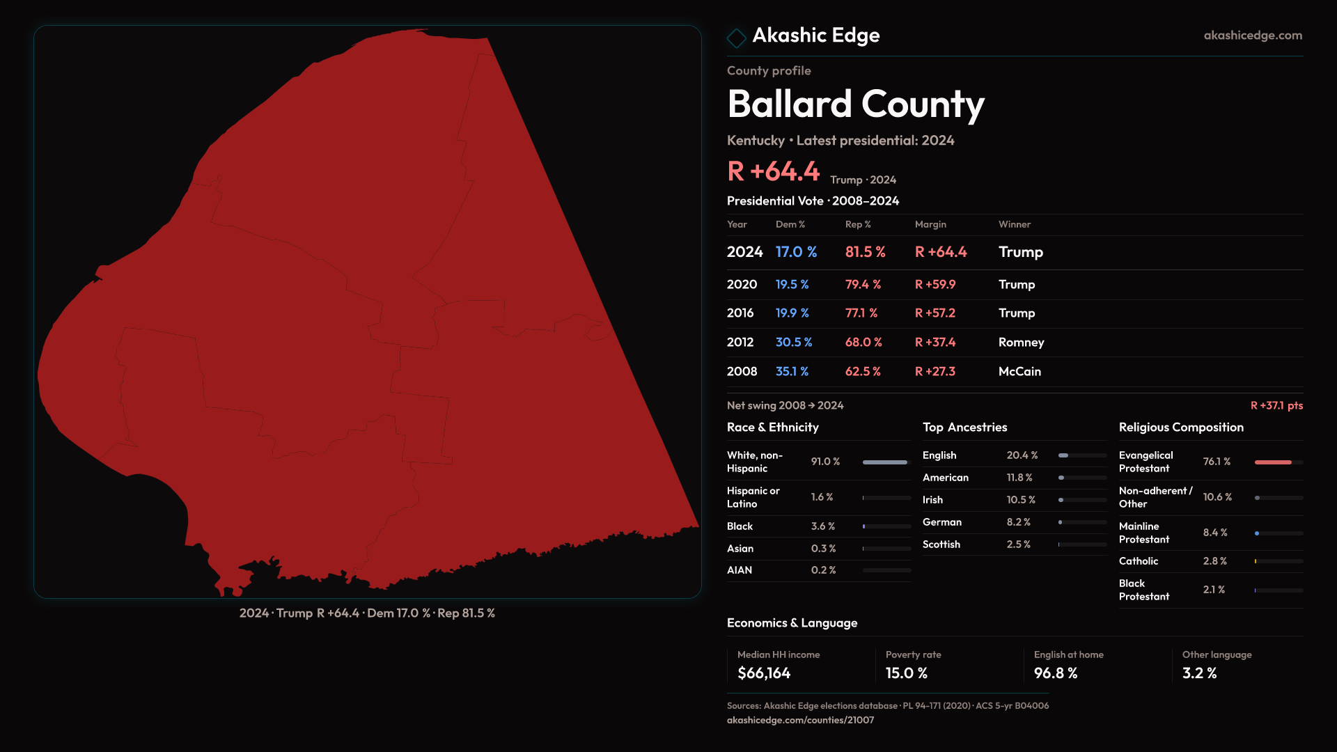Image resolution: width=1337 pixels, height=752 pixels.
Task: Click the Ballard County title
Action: click(x=855, y=104)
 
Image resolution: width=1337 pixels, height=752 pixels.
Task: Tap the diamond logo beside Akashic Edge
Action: click(x=736, y=38)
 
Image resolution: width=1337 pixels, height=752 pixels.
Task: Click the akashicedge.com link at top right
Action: click(x=1252, y=36)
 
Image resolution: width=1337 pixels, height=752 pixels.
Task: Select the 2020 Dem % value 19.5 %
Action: click(x=792, y=285)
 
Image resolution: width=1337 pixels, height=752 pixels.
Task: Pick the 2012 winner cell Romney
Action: click(x=1021, y=343)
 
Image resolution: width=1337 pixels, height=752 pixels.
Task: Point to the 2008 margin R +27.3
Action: click(x=935, y=372)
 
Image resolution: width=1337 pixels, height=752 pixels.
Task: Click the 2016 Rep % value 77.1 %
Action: click(x=861, y=313)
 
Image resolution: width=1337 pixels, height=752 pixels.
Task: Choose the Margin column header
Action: click(x=930, y=225)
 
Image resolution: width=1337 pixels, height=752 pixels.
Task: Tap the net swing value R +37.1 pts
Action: click(x=1276, y=406)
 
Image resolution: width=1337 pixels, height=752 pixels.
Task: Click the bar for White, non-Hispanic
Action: click(x=885, y=462)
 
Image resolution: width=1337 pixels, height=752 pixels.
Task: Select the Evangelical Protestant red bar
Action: click(x=1273, y=462)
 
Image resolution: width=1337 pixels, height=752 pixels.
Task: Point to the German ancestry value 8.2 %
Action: click(x=1018, y=522)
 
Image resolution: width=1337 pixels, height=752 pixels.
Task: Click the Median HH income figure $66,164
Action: click(x=764, y=673)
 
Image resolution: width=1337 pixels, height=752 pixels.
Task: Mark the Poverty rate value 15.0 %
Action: click(x=906, y=673)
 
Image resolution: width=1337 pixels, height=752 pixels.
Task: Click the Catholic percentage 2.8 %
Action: click(x=1214, y=561)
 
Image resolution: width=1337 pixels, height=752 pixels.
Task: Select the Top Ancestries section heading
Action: click(x=964, y=428)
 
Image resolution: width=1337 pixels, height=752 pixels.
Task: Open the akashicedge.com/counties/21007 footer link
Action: click(x=800, y=721)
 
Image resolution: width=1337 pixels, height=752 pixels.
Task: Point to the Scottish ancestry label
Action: click(x=941, y=545)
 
